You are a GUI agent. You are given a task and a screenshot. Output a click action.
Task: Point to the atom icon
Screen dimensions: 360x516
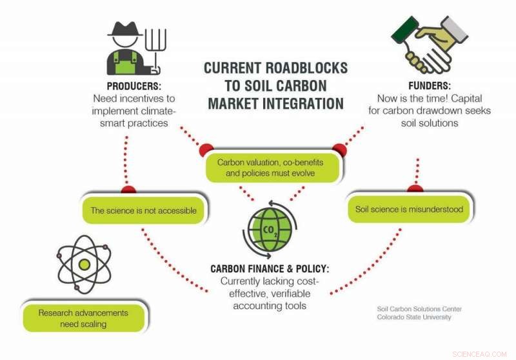click(x=84, y=264)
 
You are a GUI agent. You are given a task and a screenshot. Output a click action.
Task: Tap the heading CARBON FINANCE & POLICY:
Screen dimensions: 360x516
click(x=270, y=268)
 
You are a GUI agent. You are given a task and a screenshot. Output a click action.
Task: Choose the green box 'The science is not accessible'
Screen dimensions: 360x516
click(x=143, y=210)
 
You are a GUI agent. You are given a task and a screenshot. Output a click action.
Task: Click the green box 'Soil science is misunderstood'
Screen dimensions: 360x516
click(x=409, y=210)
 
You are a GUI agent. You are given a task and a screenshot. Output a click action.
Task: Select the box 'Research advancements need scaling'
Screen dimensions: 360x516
click(x=83, y=318)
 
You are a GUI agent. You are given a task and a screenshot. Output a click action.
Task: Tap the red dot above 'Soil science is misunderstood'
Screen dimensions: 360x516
click(x=415, y=188)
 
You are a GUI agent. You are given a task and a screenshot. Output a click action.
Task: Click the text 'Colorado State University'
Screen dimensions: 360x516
click(x=414, y=317)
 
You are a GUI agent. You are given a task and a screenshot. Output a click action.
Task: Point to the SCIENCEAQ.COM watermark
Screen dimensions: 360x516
click(x=480, y=354)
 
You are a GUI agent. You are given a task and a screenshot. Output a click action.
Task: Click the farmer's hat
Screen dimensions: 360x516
click(x=124, y=29)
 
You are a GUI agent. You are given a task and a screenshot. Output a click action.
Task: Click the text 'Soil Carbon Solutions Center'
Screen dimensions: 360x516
click(x=419, y=309)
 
